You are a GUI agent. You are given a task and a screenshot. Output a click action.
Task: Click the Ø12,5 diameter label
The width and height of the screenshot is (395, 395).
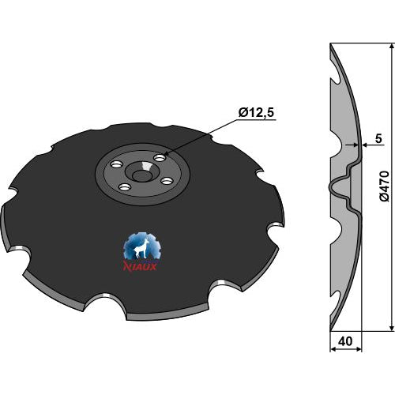click(256, 113)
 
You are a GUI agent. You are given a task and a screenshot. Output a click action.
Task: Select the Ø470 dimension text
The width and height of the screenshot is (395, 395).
click(385, 186)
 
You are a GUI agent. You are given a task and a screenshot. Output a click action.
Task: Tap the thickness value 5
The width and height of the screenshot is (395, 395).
click(378, 138)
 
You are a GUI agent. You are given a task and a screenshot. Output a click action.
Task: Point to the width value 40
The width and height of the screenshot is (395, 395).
click(345, 341)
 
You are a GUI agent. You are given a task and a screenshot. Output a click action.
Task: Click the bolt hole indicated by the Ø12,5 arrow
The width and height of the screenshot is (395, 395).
click(160, 158)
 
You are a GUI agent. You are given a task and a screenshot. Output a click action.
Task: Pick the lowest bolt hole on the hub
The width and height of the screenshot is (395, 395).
click(124, 187)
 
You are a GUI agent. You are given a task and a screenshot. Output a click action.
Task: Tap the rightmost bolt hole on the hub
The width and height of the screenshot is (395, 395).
click(167, 181)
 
